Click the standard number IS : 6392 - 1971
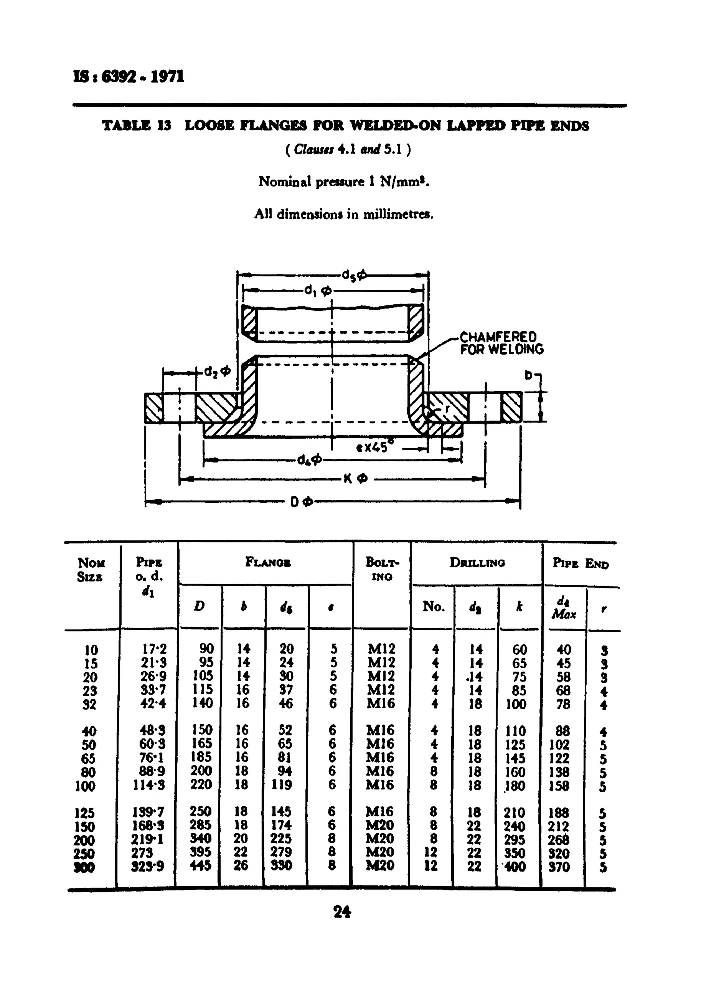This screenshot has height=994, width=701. click(x=129, y=77)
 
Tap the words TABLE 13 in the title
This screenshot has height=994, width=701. click(x=137, y=126)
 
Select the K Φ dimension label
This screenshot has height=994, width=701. click(x=355, y=479)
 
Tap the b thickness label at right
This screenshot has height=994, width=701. click(x=528, y=375)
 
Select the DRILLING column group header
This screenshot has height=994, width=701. click(x=477, y=563)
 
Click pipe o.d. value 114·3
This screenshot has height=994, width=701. click(x=148, y=785)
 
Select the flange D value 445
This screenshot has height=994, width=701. click(x=200, y=866)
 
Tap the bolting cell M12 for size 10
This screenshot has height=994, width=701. click(x=381, y=649)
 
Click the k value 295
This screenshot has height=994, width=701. click(x=515, y=840)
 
